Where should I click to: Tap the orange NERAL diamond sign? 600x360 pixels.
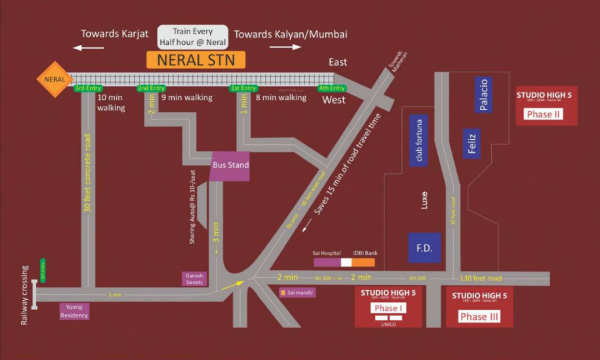click(x=54, y=76)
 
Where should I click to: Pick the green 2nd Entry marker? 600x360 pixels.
click(x=151, y=88)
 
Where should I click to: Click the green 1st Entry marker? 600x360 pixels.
click(x=243, y=88)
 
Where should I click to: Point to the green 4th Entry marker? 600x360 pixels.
click(x=330, y=88)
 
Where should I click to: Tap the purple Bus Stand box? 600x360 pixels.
click(x=230, y=166)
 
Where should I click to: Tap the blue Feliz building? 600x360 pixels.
click(x=471, y=146)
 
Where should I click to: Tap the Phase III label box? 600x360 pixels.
click(x=480, y=316)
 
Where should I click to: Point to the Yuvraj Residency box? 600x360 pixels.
click(x=76, y=310)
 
